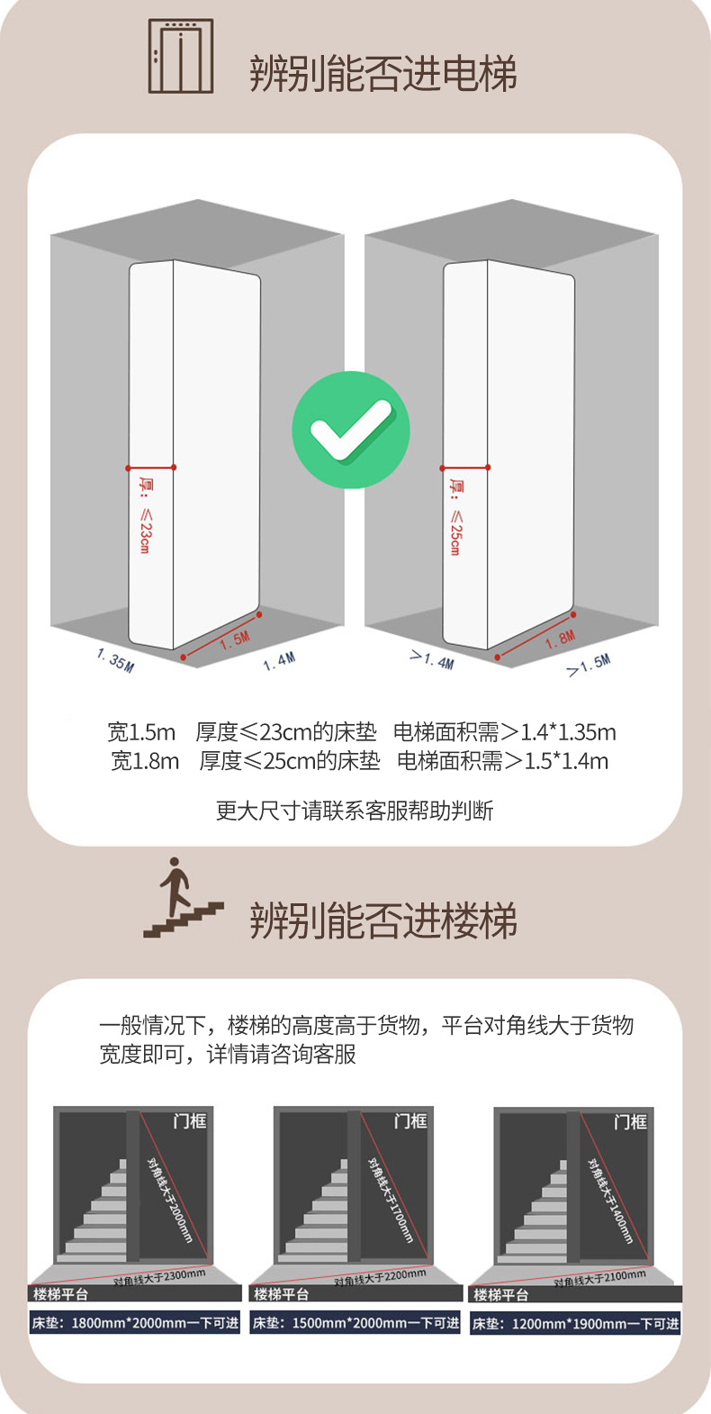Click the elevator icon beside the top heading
pyautogui.click(x=180, y=56)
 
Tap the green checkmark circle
pyautogui.click(x=351, y=430)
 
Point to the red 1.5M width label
pyautogui.click(x=235, y=640)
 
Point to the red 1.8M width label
pyautogui.click(x=561, y=639)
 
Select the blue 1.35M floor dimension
pyautogui.click(x=115, y=660)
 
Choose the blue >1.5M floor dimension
pyautogui.click(x=589, y=666)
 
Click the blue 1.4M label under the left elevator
pyautogui.click(x=279, y=662)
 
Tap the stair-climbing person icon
pyautogui.click(x=183, y=897)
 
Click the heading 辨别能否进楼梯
pyautogui.click(x=383, y=920)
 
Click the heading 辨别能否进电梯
pyautogui.click(x=383, y=73)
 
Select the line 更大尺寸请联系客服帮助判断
pyautogui.click(x=355, y=811)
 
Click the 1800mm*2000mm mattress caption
pyautogui.click(x=135, y=1322)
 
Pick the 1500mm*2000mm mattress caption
pyautogui.click(x=355, y=1322)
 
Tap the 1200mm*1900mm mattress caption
pyautogui.click(x=575, y=1323)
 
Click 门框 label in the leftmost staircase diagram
pyautogui.click(x=189, y=1121)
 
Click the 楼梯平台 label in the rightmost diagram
pyautogui.click(x=501, y=1295)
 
